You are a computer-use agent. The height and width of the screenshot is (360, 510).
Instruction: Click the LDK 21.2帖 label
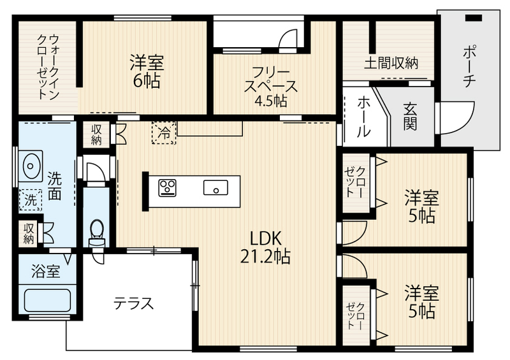click(265, 247)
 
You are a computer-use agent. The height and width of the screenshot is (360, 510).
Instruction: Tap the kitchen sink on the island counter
click(215, 187)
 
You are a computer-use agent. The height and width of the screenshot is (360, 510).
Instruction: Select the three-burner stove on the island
click(168, 187)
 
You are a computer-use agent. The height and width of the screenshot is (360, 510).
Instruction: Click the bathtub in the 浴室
click(47, 301)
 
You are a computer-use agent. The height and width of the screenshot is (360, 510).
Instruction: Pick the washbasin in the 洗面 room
click(30, 166)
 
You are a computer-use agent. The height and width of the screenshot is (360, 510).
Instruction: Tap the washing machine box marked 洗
click(31, 199)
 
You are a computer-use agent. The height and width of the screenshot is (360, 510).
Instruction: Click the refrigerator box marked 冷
click(164, 133)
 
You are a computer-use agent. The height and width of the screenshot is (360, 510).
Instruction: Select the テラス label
click(133, 303)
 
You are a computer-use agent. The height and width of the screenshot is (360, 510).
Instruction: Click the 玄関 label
click(410, 116)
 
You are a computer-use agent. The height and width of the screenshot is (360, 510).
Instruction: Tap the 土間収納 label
click(391, 63)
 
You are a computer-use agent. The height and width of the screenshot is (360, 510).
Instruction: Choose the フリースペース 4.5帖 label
click(270, 87)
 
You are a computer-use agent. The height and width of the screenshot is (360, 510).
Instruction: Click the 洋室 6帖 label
click(147, 71)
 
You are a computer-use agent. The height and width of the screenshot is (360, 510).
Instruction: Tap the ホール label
click(363, 116)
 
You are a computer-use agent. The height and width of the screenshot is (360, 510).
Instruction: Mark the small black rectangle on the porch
click(473, 18)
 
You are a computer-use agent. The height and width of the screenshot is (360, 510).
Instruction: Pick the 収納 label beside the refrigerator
click(96, 134)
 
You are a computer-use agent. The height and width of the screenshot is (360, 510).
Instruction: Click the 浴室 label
click(46, 271)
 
